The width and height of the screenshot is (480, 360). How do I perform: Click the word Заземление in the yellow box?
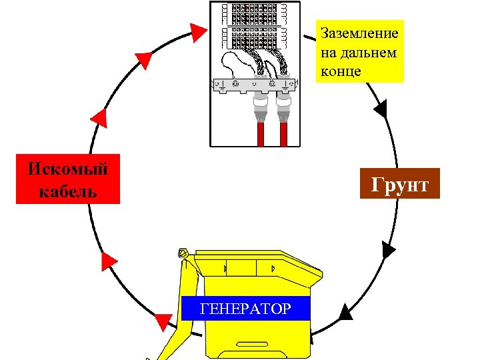[360, 33]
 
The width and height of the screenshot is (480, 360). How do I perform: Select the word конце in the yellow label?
[341, 71]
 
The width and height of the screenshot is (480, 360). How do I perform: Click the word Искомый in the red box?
[68, 168]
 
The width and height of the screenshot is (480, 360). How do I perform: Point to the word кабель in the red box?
[68, 192]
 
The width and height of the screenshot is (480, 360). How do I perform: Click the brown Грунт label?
[399, 185]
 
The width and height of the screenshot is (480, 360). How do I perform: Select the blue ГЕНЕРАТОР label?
[246, 309]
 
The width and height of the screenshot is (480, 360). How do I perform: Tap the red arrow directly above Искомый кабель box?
[99, 117]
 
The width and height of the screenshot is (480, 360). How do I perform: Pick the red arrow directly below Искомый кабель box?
[109, 261]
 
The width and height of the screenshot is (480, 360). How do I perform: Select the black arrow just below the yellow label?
[381, 108]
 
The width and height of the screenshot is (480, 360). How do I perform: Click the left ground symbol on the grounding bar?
[221, 85]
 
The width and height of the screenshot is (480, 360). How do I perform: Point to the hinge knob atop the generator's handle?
[182, 253]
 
